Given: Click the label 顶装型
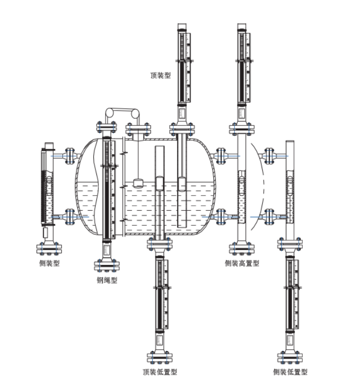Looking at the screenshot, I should click(160, 75).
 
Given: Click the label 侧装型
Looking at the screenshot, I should click(49, 263).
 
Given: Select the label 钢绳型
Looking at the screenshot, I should click(107, 280).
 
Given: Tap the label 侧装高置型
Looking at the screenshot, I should click(242, 263).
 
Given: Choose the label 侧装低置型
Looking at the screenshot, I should click(290, 372).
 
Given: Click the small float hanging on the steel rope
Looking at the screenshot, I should click(139, 183).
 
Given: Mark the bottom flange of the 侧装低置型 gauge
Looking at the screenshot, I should click(290, 357).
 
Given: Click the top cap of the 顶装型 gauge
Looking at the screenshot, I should click(182, 27).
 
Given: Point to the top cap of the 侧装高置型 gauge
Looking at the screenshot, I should click(242, 27).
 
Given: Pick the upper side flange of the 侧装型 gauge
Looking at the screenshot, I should click(70, 155).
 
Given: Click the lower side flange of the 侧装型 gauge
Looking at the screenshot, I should click(70, 216).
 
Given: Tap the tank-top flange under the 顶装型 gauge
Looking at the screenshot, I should click(182, 130).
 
